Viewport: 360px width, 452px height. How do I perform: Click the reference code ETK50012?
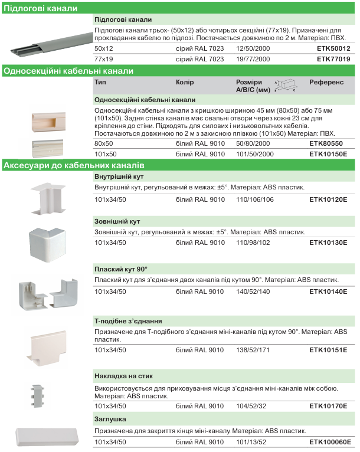(x=333, y=48)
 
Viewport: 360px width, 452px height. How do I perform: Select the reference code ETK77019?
(x=333, y=59)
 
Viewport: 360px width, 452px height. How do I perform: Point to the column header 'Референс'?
(x=326, y=83)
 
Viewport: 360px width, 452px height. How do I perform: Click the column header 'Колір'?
(x=185, y=83)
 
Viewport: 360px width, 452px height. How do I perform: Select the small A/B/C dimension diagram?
(x=286, y=86)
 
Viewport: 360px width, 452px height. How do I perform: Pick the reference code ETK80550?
(x=326, y=143)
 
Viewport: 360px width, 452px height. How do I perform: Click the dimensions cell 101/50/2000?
(x=255, y=154)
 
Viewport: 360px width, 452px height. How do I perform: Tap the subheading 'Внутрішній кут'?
(x=119, y=176)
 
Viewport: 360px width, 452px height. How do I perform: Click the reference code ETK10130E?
(x=328, y=243)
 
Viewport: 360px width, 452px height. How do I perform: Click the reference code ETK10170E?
(x=328, y=406)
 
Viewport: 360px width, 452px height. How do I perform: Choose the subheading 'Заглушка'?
(x=110, y=420)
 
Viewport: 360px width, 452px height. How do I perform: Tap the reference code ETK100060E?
(x=330, y=442)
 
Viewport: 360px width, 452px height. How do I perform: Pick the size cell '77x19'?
(x=103, y=59)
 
